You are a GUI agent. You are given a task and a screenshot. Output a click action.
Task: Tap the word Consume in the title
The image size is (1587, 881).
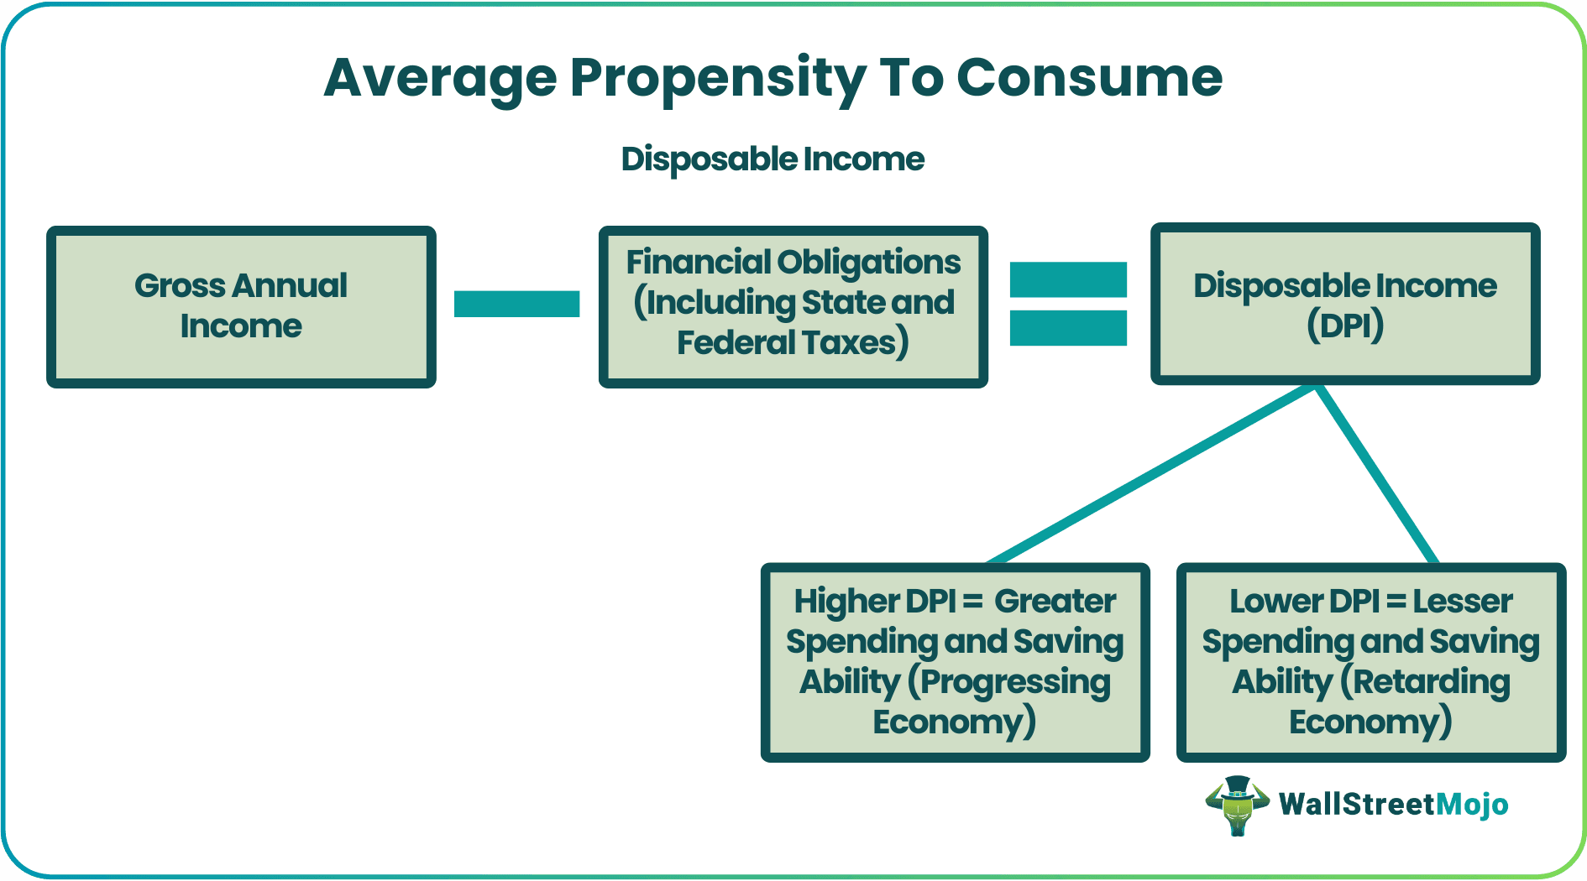1089,78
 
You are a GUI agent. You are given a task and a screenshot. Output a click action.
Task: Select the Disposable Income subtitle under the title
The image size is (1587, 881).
773,159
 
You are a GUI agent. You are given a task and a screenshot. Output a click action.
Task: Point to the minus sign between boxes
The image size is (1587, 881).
516,304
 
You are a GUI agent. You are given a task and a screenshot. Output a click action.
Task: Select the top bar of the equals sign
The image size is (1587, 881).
1068,279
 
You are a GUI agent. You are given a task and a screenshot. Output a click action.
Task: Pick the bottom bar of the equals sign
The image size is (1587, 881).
1068,328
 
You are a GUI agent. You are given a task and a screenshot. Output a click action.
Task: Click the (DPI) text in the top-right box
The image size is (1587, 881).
1345,326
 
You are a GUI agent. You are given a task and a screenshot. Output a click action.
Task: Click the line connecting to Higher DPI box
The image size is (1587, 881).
1150,475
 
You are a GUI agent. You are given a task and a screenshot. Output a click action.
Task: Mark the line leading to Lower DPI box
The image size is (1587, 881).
1377,475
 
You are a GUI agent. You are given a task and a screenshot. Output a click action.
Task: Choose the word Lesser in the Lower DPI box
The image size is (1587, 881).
1462,602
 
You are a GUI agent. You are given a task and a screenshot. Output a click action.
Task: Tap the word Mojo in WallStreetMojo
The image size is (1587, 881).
1471,805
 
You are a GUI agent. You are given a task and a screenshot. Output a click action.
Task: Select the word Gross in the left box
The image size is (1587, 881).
179,286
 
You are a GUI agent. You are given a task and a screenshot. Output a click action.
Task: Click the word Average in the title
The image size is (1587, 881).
440,78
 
